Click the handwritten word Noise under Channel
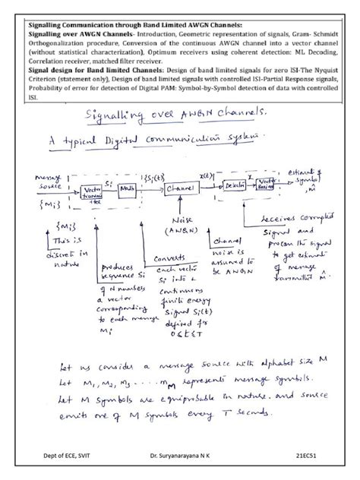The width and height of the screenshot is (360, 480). (173, 220)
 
